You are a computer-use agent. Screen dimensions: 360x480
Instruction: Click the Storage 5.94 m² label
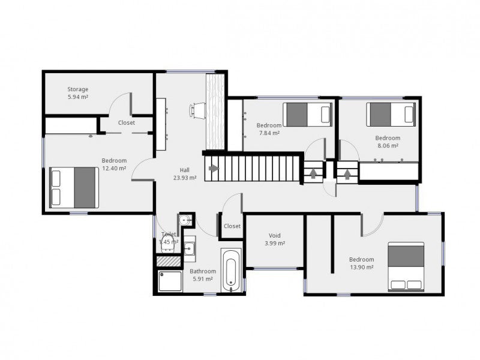click(77, 92)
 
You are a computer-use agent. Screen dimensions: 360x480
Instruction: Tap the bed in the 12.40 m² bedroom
click(74, 186)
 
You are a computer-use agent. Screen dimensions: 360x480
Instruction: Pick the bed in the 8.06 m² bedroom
click(391, 113)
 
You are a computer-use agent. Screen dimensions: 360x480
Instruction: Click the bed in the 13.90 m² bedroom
click(406, 266)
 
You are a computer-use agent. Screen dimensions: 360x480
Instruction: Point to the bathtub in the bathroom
click(231, 271)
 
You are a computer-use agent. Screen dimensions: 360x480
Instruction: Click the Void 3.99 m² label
click(275, 239)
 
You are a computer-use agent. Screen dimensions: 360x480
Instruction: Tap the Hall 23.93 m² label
click(185, 173)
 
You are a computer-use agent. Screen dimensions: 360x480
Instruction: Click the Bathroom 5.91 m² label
click(202, 275)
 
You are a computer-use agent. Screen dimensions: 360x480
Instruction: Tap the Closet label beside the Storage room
click(126, 122)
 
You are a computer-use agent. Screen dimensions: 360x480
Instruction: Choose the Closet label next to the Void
click(232, 226)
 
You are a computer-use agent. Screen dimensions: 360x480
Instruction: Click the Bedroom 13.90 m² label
click(361, 263)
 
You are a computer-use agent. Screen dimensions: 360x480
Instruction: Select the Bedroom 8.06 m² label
click(387, 141)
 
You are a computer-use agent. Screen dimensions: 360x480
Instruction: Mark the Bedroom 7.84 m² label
click(268, 129)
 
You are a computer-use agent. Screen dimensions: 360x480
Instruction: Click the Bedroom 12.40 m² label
click(113, 164)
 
